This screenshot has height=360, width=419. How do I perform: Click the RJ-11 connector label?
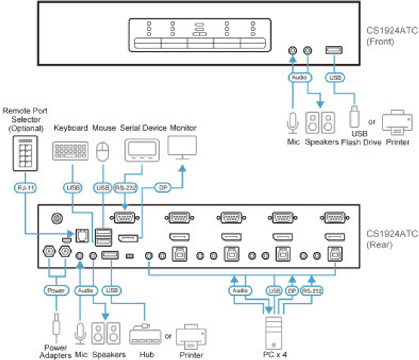pyautogui.click(x=26, y=189)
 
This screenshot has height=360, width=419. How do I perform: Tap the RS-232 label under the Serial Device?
pyautogui.click(x=126, y=189)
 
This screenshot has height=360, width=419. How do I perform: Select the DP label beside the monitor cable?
pyautogui.click(x=163, y=189)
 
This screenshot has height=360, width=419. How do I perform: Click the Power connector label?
pyautogui.click(x=56, y=290)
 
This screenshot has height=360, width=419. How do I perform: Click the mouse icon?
pyautogui.click(x=103, y=152)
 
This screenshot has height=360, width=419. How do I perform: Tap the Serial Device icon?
pyautogui.click(x=142, y=149)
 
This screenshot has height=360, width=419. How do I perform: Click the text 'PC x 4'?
pyautogui.click(x=275, y=355)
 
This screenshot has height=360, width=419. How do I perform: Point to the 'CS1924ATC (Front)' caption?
pyautogui.click(x=380, y=36)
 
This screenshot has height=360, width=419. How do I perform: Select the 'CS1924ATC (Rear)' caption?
pyautogui.click(x=380, y=239)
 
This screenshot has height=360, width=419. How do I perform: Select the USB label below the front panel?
pyautogui.click(x=334, y=77)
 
